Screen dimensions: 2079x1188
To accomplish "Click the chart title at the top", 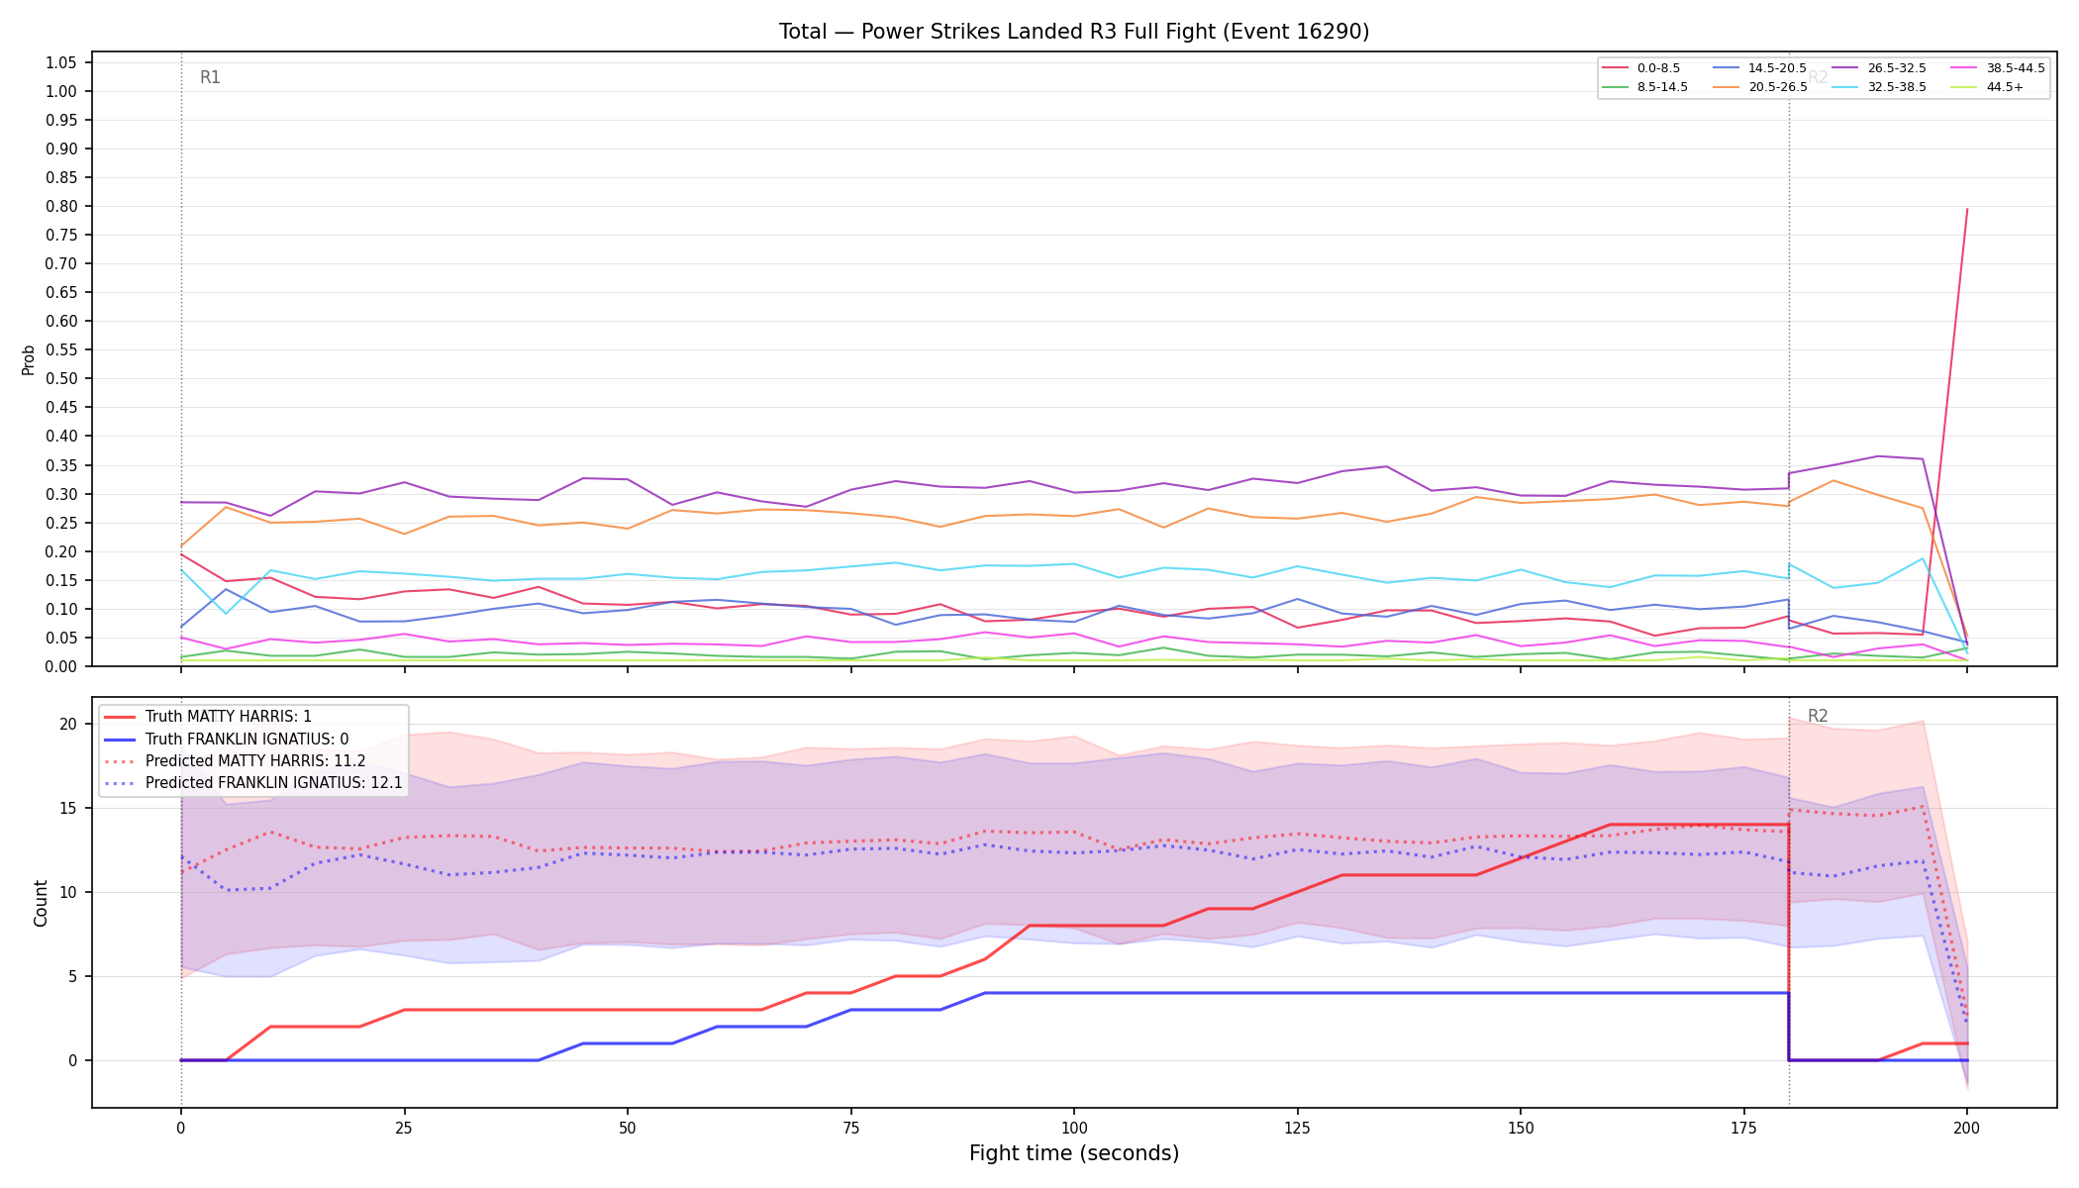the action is coord(1074,32).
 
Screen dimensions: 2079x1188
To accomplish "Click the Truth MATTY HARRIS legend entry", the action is coord(208,717).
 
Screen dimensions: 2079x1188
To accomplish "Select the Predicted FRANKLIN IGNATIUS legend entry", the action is coord(253,783).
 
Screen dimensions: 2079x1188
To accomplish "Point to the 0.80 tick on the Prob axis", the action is coord(61,207).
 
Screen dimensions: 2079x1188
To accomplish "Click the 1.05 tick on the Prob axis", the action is coord(61,63).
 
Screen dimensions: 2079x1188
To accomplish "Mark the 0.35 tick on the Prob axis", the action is coord(61,465).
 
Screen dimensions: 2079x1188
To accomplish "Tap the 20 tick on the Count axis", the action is coord(68,725).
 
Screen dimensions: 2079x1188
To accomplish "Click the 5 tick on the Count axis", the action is coord(72,977).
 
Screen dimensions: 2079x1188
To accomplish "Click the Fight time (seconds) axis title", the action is coord(1074,1153).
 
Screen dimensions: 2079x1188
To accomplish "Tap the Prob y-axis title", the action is coord(29,359).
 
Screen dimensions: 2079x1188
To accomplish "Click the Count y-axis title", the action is coord(41,903).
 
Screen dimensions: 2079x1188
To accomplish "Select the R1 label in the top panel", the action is coord(210,77).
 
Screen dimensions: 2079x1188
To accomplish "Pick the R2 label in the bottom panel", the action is coord(1818,716).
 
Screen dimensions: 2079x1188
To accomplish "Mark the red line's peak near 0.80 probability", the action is coord(1967,209).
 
